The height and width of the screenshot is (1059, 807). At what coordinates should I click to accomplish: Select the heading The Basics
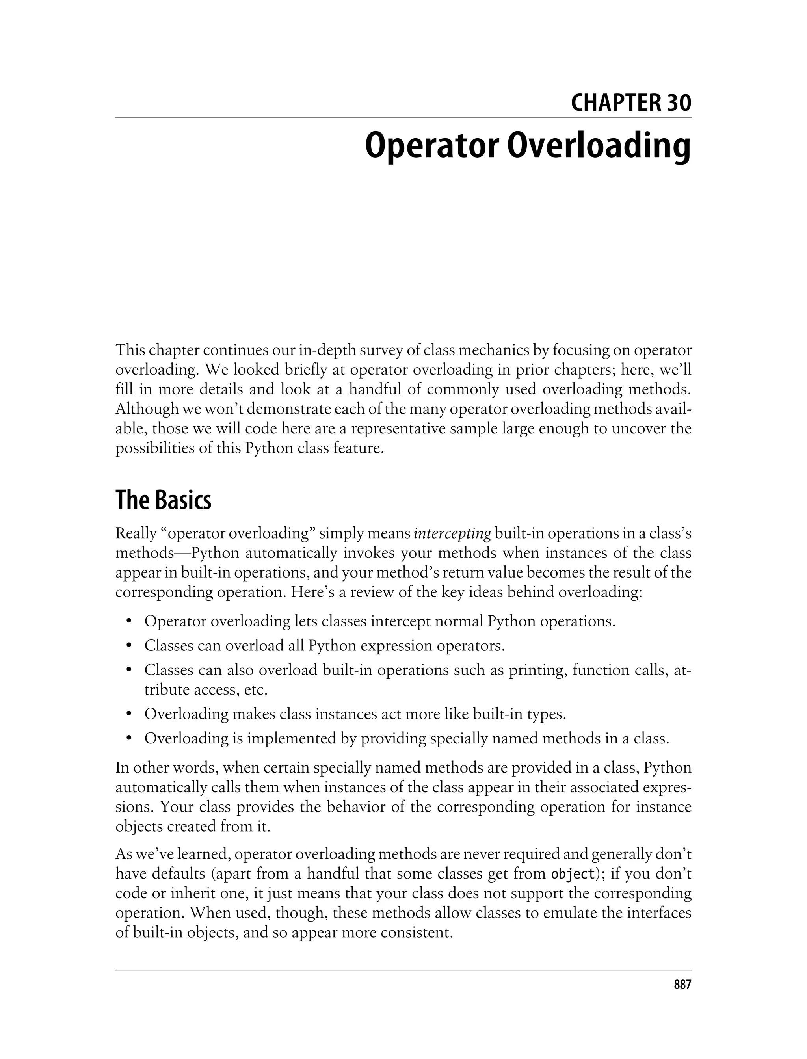[163, 500]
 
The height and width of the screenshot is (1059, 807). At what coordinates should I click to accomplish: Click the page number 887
[682, 985]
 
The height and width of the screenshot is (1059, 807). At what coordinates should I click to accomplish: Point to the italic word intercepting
[452, 533]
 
